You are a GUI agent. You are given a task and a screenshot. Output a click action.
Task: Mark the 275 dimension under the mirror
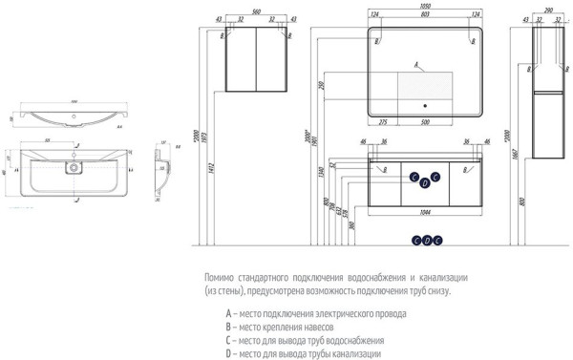(383, 122)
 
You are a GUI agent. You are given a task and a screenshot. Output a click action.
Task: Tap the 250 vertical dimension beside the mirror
(322, 89)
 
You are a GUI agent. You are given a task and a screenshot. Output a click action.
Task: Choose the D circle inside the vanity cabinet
(426, 182)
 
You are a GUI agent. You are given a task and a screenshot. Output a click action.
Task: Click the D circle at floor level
(427, 240)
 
